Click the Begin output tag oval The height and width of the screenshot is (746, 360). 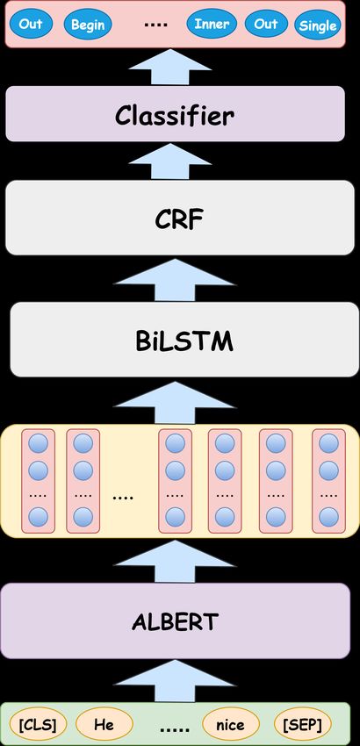tap(88, 24)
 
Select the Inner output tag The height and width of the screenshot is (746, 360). tap(212, 24)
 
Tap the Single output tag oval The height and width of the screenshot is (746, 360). tap(318, 25)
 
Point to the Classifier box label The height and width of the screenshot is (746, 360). tap(175, 115)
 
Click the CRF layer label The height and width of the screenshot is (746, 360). tap(179, 219)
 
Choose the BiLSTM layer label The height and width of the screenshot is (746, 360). tap(184, 341)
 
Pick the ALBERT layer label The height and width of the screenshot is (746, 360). tap(176, 621)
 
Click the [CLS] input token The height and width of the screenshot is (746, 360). tap(38, 724)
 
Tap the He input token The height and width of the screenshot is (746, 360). tap(104, 724)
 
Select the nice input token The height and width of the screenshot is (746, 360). tap(230, 724)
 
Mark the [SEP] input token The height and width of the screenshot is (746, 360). tap(303, 724)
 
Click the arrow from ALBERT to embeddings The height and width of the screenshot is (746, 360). tap(176, 562)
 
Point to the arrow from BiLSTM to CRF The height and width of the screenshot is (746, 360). tap(176, 280)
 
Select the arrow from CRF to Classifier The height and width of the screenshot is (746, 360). tap(170, 161)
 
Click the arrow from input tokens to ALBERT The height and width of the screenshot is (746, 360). tap(176, 681)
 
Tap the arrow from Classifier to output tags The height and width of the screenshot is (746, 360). tap(170, 67)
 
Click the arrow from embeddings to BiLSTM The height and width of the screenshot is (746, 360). tap(176, 403)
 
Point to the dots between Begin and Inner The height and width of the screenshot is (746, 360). tap(153, 23)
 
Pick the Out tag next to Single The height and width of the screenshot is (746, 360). tap(266, 24)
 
